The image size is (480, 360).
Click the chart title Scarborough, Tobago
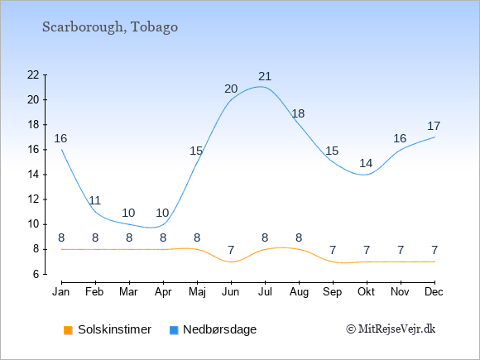tap(110, 27)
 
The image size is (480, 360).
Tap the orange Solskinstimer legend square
tap(68, 330)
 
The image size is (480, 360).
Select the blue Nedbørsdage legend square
tap(174, 330)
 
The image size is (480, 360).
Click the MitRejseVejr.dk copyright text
tap(391, 329)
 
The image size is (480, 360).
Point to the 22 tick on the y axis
tap(33, 74)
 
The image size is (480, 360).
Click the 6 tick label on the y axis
tap(36, 274)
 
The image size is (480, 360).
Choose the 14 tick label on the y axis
tap(33, 175)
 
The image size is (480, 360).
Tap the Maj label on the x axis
tap(197, 292)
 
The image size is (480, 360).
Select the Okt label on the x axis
tap(367, 292)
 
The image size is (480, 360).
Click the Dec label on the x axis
tap(434, 292)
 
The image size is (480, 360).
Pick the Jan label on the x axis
tap(61, 292)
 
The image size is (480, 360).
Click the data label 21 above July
tap(265, 76)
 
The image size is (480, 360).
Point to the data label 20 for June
tap(231, 89)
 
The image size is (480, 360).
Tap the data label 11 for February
tap(95, 201)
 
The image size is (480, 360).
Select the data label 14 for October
tap(366, 164)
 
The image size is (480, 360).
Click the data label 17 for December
tap(434, 126)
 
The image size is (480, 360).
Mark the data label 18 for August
tap(298, 114)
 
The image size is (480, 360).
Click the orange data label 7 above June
tap(231, 251)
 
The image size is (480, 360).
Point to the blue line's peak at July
tap(261, 87)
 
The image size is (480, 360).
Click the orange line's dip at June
tap(231, 262)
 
